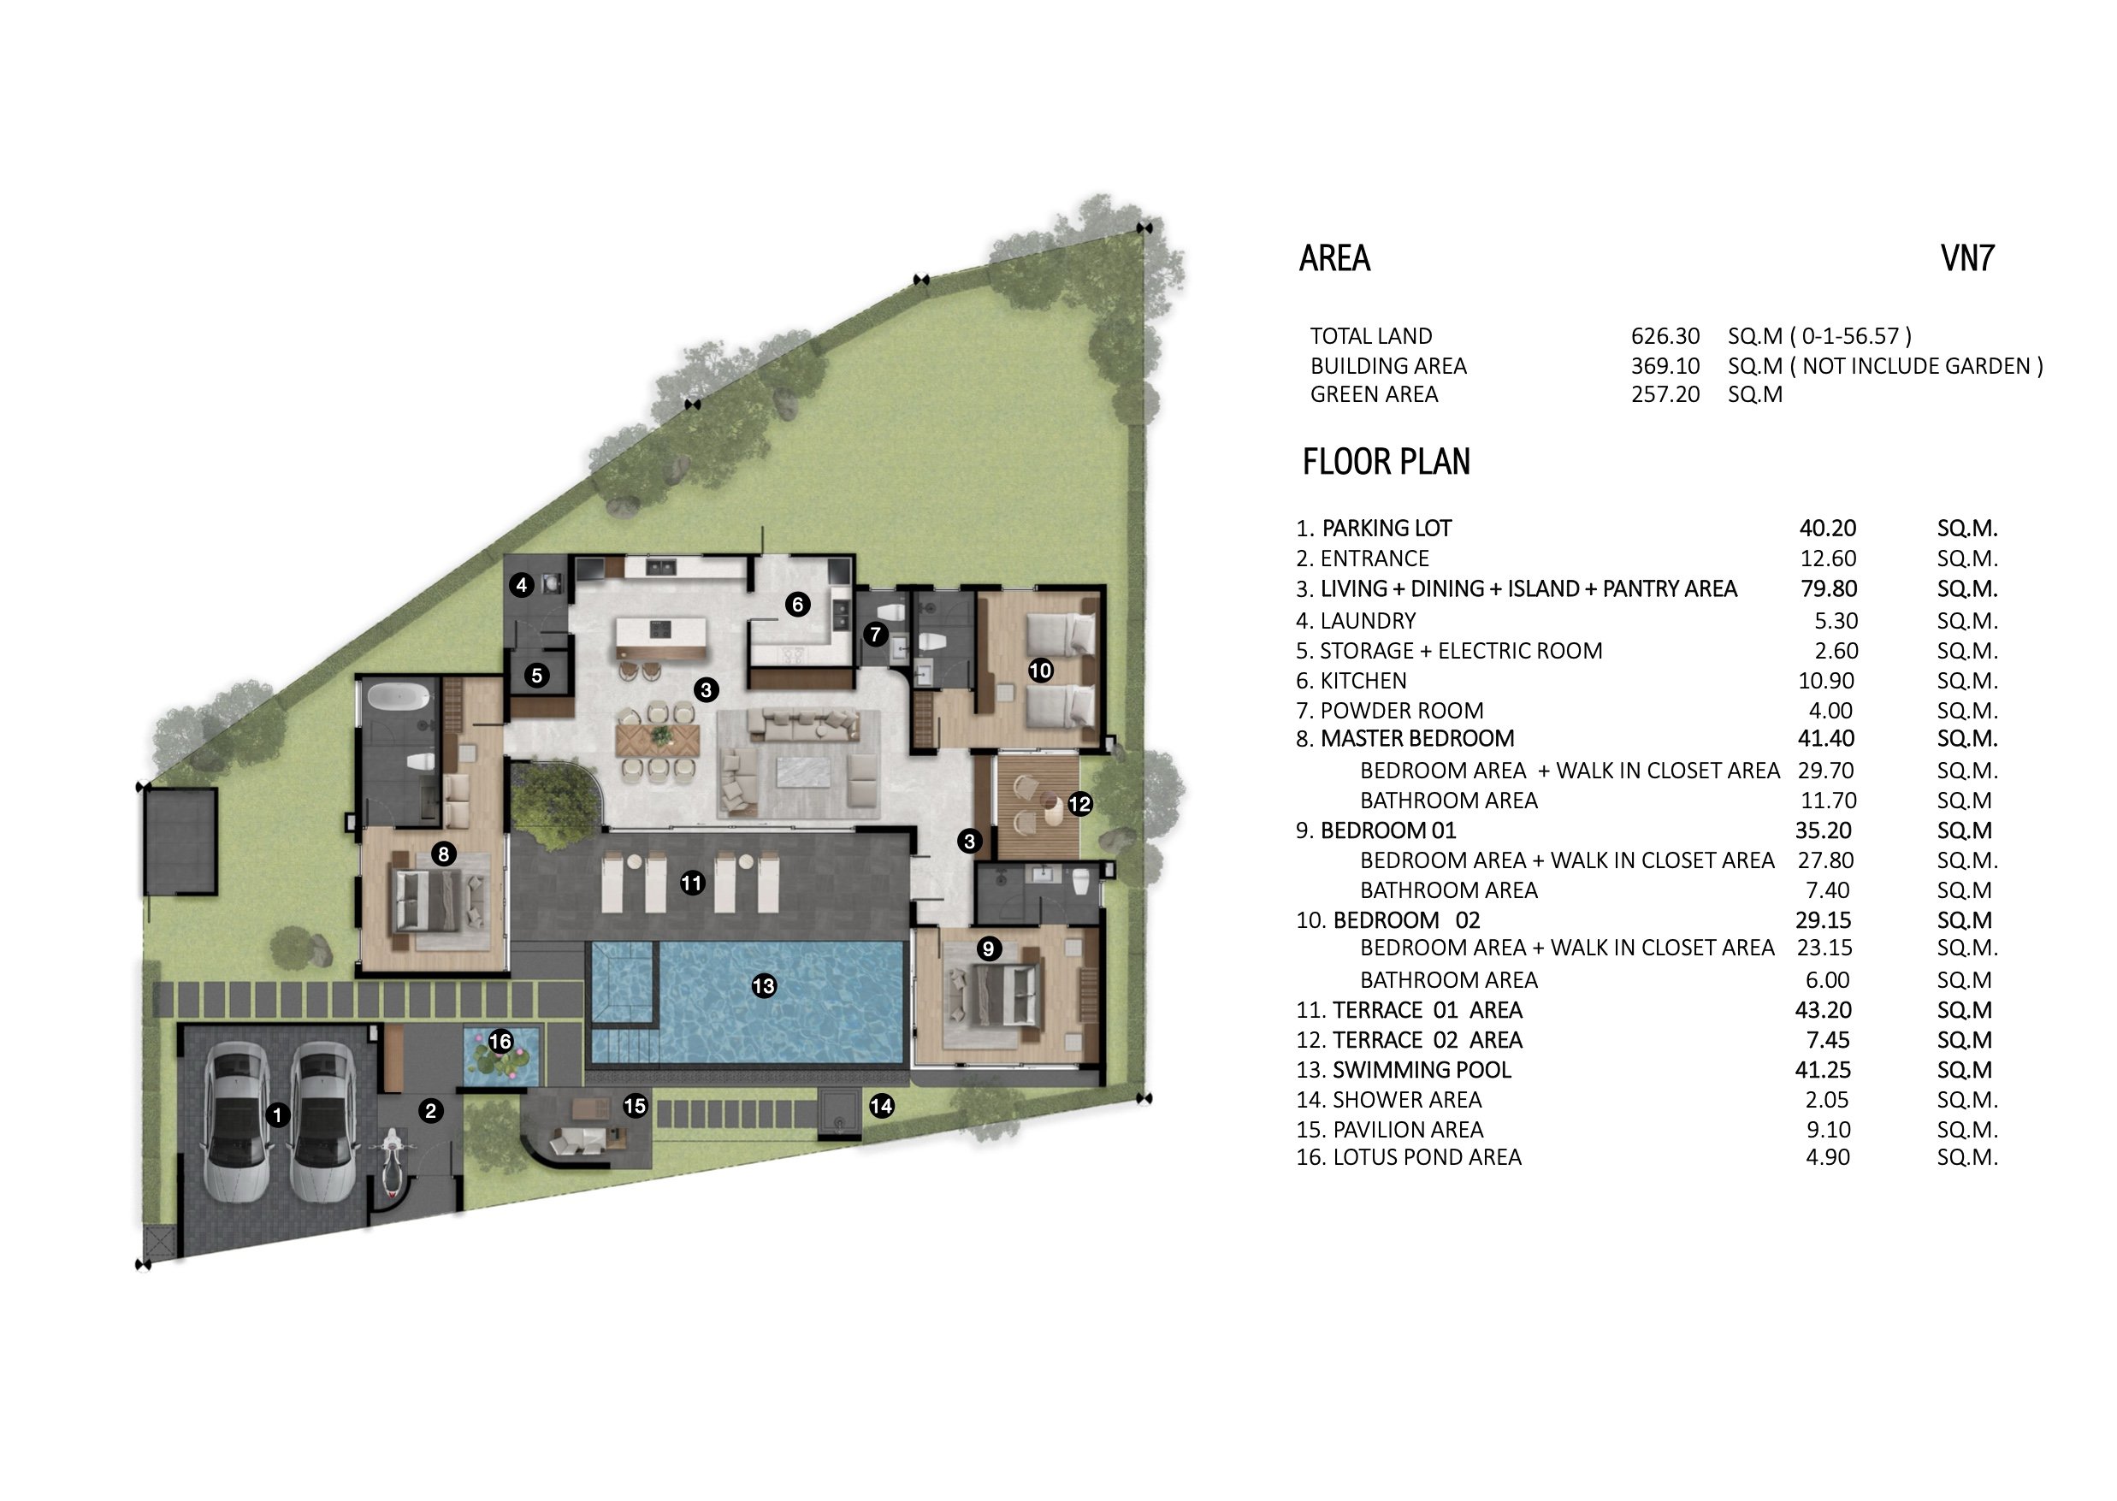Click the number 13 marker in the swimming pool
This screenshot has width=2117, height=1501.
[764, 986]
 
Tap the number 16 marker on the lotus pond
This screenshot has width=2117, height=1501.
[500, 1042]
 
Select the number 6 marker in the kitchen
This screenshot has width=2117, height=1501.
[797, 605]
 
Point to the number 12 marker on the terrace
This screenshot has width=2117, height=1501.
[1079, 804]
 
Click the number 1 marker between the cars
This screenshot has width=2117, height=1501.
[277, 1114]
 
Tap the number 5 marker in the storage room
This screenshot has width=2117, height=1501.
[536, 676]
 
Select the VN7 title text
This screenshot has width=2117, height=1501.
[1967, 258]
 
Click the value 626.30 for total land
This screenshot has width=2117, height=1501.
[1665, 335]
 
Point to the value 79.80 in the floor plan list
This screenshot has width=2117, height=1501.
[1829, 588]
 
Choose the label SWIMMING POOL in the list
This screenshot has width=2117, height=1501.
[1422, 1069]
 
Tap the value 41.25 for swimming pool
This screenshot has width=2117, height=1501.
[1823, 1069]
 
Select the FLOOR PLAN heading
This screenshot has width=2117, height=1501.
[1386, 461]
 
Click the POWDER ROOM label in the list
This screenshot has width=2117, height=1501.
[1401, 711]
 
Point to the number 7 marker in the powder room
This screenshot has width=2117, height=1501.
[876, 634]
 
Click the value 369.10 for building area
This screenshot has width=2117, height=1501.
[1665, 366]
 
